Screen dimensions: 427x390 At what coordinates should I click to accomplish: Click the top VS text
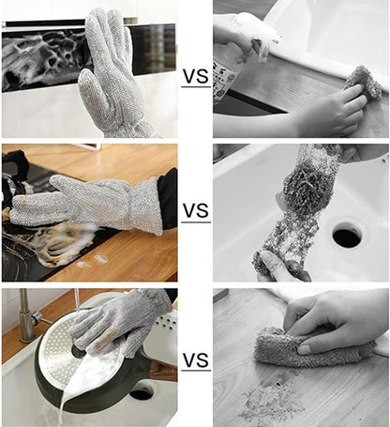(195, 74)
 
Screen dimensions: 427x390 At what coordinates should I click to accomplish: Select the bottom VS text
(195, 358)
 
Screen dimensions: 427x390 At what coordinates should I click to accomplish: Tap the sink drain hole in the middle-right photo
(346, 235)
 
